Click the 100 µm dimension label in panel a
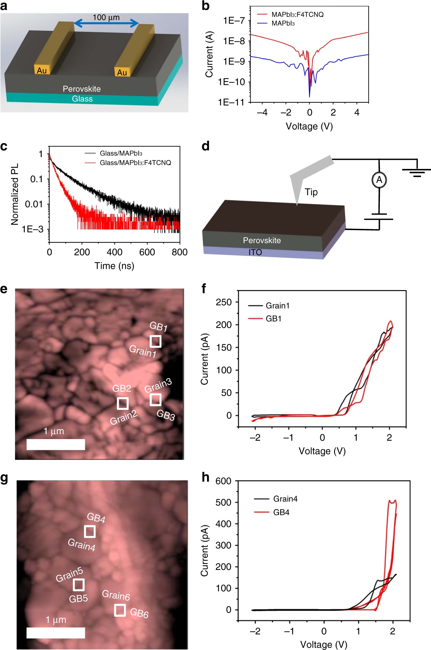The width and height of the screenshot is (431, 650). pos(106,17)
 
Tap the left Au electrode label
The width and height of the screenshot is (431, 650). pos(42,71)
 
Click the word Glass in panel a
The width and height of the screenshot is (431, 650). pos(82,99)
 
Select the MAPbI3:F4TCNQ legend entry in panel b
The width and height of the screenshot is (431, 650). pos(297,15)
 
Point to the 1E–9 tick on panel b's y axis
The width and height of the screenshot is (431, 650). pos(234,62)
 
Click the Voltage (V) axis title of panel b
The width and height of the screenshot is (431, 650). pos(309,126)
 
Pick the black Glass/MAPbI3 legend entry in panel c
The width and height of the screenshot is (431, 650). pos(121,153)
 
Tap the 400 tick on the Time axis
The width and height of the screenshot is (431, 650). pos(115,252)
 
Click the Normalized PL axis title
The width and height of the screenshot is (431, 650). pos(15,194)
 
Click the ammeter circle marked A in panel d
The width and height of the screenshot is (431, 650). pos(379,180)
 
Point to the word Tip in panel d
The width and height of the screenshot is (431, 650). pos(311,192)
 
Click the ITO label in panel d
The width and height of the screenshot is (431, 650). pos(255,252)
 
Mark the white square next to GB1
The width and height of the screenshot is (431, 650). pos(155,341)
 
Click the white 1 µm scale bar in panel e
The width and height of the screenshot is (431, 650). pos(56,444)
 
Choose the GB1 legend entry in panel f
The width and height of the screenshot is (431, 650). pos(273,319)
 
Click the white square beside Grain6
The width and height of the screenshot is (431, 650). pos(120,610)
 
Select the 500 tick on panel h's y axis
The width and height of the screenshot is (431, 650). pos(223,502)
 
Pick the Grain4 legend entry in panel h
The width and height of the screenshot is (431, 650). pos(285,499)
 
